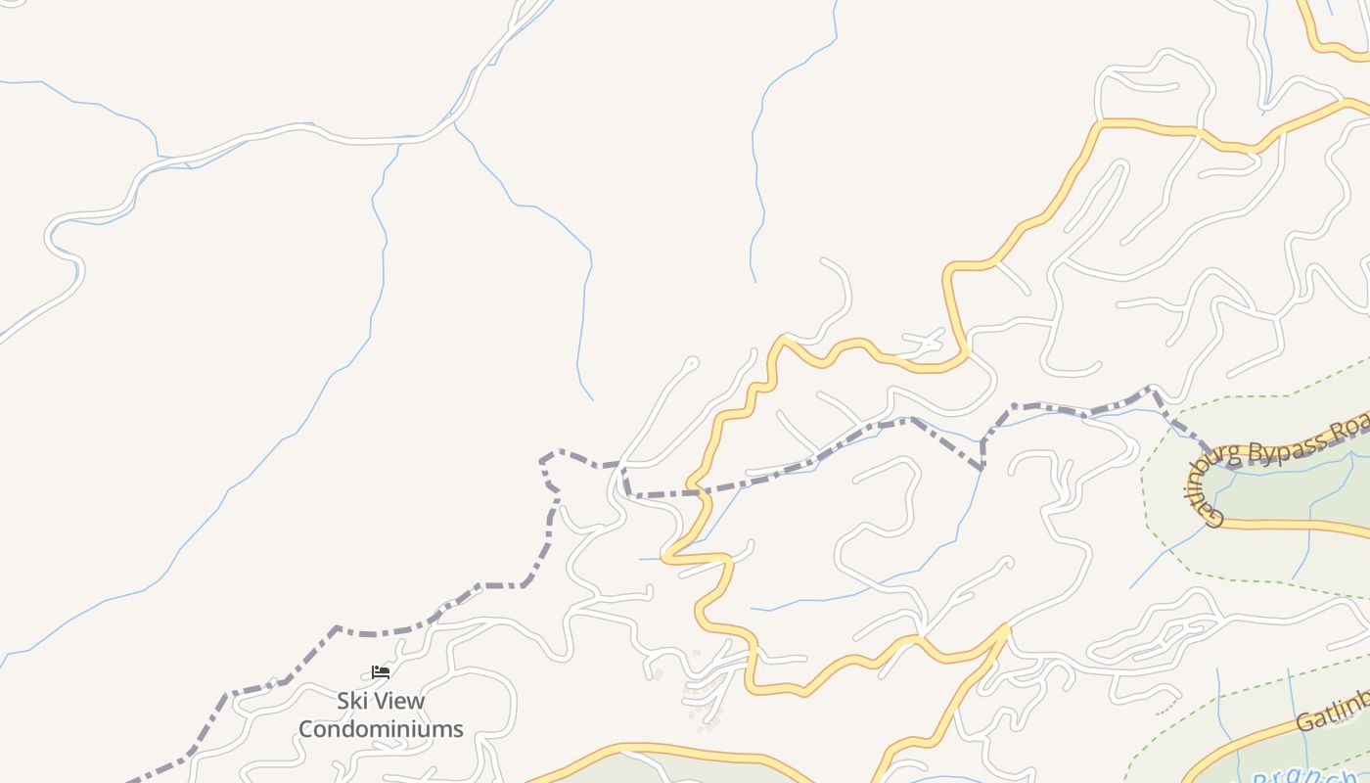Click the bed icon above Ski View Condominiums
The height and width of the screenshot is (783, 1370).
point(381,671)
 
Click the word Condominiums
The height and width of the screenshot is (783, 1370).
point(381,729)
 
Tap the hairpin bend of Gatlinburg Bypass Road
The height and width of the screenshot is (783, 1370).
point(1223,468)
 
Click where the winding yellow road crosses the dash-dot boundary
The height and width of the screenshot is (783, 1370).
point(701,491)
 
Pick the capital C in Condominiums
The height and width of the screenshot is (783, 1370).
point(306,729)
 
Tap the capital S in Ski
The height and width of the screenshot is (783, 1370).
point(343,701)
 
